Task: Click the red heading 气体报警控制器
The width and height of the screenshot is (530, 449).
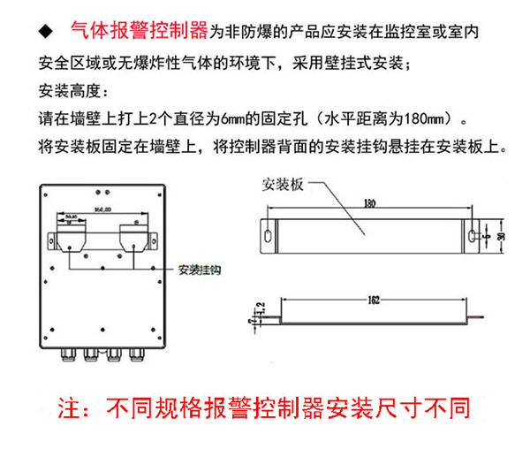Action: tap(140, 32)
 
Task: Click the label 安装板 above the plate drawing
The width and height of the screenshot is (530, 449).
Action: tap(284, 185)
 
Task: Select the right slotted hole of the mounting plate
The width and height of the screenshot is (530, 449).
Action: tap(475, 236)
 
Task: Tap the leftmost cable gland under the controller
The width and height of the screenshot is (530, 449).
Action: tap(66, 355)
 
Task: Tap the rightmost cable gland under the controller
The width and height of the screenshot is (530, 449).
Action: tap(135, 355)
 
